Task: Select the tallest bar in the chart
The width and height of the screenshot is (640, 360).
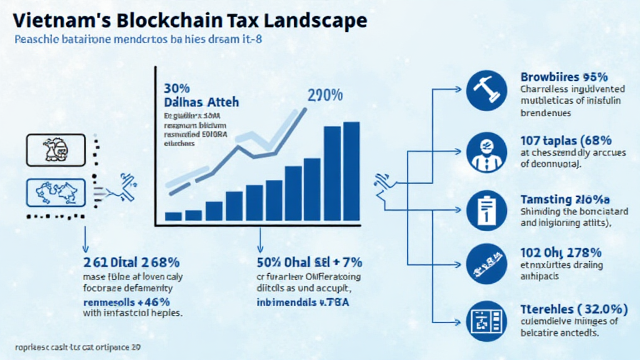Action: click(352, 171)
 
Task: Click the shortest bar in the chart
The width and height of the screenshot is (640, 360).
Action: click(173, 216)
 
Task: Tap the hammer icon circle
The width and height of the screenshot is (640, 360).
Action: click(486, 90)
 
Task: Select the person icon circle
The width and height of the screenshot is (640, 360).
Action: click(486, 152)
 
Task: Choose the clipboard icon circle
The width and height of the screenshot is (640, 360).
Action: click(486, 211)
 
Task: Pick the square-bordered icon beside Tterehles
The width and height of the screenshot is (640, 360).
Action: click(486, 321)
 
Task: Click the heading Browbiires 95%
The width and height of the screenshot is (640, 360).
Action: click(564, 77)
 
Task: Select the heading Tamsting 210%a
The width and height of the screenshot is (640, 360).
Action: click(564, 199)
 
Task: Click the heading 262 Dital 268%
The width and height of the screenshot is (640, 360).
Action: click(131, 262)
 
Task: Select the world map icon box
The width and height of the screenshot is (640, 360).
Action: click(55, 193)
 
